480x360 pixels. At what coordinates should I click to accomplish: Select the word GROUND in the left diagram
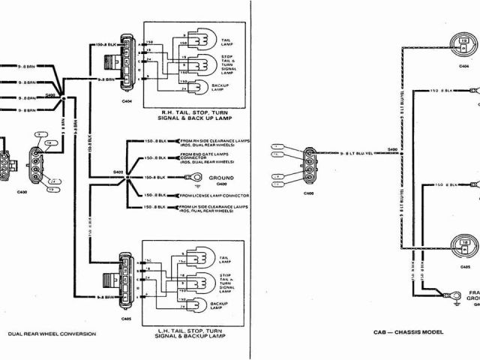[220, 176]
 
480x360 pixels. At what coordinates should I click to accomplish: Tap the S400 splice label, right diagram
[392, 149]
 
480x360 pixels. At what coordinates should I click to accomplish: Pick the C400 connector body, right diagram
[310, 163]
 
